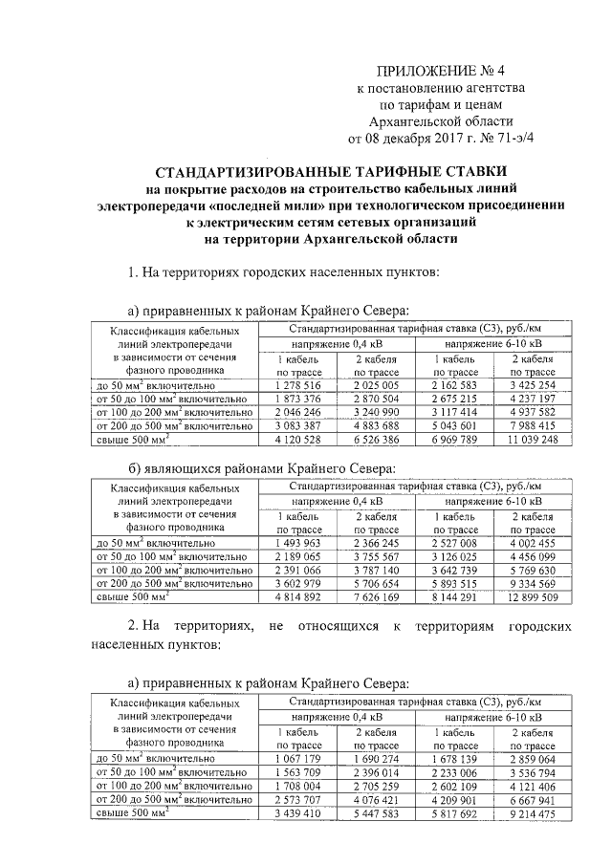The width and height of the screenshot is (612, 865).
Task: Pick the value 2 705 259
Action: tap(382, 786)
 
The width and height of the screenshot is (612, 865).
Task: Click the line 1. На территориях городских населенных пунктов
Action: tap(284, 273)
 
